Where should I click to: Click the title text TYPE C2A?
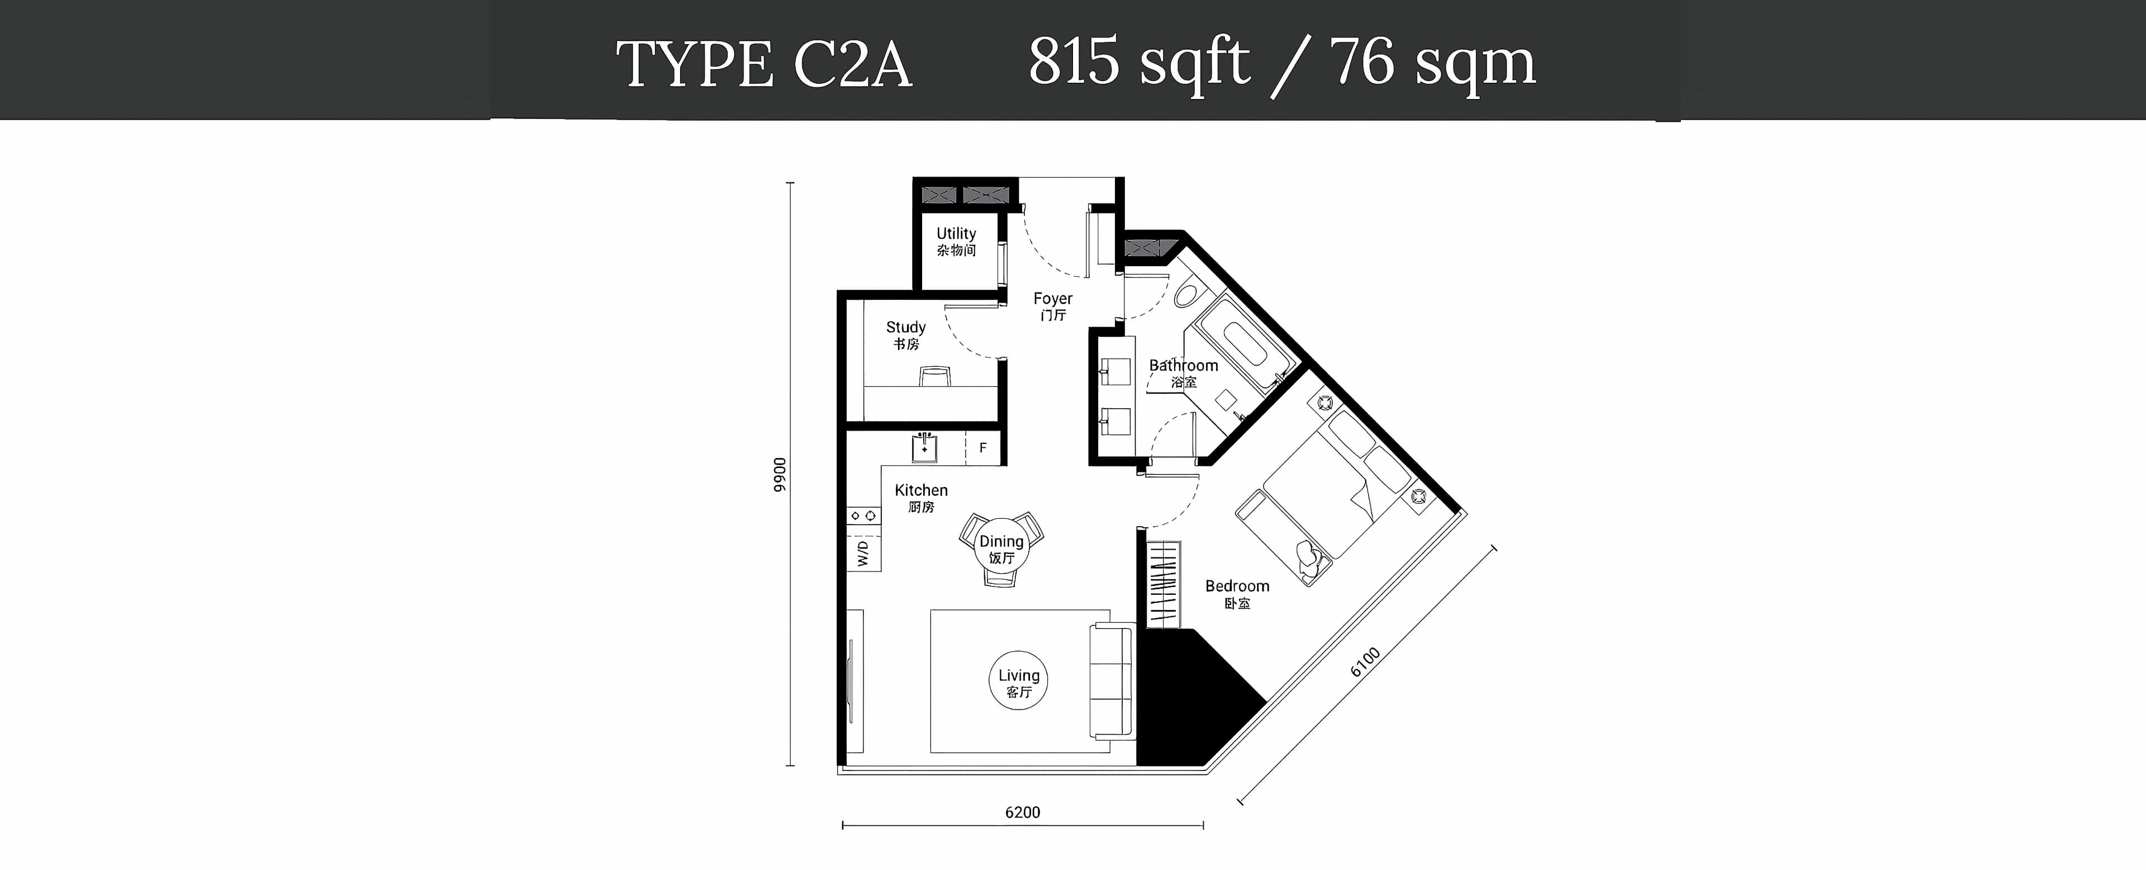tap(764, 63)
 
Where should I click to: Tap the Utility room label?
tap(956, 241)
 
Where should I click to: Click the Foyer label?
tap(1053, 306)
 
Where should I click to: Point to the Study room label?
tap(905, 335)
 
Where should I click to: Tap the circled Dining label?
tap(1001, 549)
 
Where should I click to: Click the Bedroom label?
tap(1237, 593)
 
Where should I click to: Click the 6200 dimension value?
tap(1022, 812)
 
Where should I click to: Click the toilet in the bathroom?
tap(1187, 294)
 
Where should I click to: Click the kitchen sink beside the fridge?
tap(925, 447)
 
